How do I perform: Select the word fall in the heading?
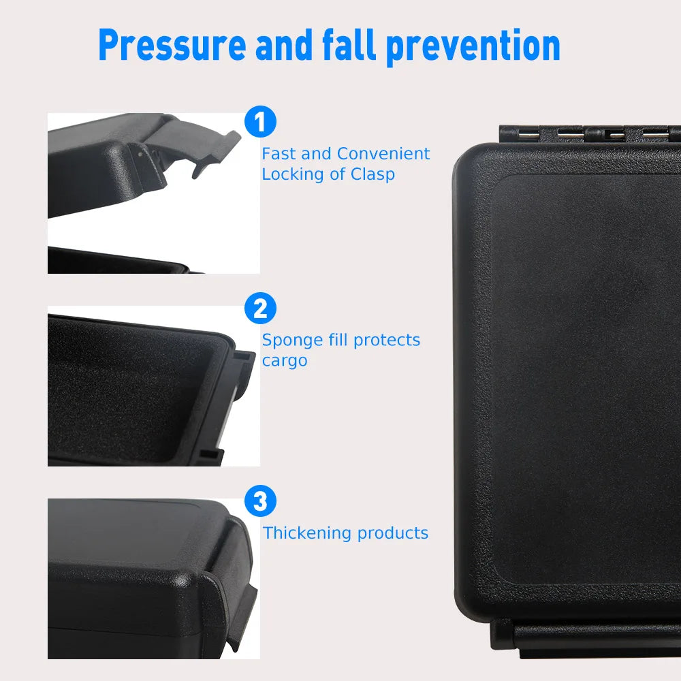point(349,45)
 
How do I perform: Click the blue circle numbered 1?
point(259,123)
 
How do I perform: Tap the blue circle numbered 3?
point(259,502)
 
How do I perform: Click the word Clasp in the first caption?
point(373,174)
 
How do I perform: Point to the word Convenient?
point(383,154)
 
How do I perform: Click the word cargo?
point(284,361)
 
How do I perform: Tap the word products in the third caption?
point(393,533)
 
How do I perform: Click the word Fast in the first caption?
point(279,154)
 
